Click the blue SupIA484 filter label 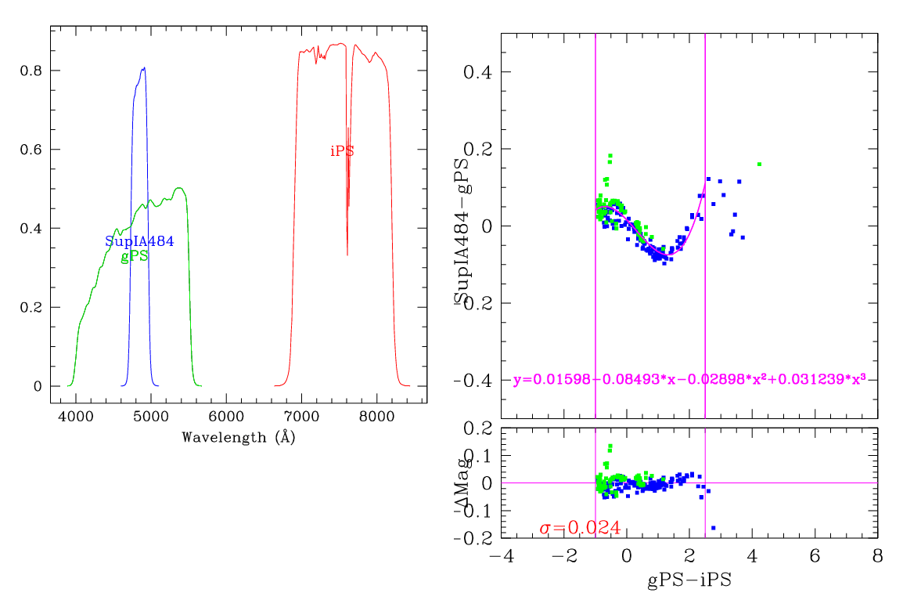tap(139, 241)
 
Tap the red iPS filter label tap(342, 151)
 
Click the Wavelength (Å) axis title tap(238, 437)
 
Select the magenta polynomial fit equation tap(689, 379)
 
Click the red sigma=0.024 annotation tap(580, 528)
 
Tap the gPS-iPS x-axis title tap(689, 580)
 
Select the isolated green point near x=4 tap(759, 164)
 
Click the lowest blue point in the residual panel tap(713, 528)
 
